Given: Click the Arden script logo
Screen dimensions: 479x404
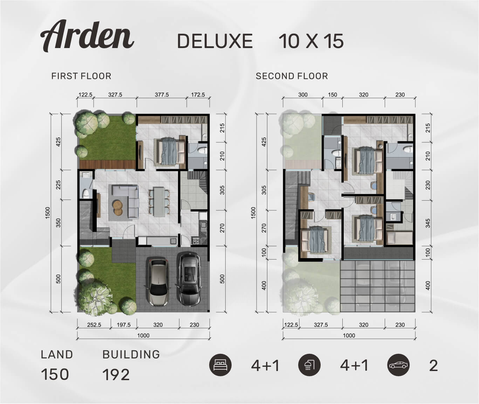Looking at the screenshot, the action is pyautogui.click(x=87, y=36).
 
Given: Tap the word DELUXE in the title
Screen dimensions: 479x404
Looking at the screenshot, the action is pyautogui.click(x=215, y=41).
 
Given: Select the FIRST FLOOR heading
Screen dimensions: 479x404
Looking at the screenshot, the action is pyautogui.click(x=81, y=76).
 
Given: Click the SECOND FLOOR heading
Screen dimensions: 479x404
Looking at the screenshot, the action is pyautogui.click(x=292, y=76).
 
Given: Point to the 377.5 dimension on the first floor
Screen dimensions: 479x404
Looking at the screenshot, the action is pyautogui.click(x=162, y=95).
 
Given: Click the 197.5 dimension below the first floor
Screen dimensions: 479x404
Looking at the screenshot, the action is pyautogui.click(x=123, y=325).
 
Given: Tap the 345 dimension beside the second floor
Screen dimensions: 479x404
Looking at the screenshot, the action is pyautogui.click(x=428, y=223).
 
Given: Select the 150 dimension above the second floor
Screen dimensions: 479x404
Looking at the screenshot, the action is pyautogui.click(x=333, y=95).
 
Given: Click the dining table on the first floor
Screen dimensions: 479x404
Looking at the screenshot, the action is pyautogui.click(x=159, y=202).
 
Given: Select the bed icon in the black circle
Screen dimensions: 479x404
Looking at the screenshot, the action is pyautogui.click(x=220, y=365).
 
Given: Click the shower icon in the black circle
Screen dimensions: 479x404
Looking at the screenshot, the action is pyautogui.click(x=309, y=365).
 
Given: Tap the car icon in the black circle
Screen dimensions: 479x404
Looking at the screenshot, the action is pyautogui.click(x=398, y=365).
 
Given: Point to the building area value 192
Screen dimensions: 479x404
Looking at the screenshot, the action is pyautogui.click(x=116, y=375).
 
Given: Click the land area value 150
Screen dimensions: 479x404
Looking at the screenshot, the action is pyautogui.click(x=55, y=375).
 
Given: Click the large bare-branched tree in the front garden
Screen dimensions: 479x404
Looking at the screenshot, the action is pyautogui.click(x=95, y=298).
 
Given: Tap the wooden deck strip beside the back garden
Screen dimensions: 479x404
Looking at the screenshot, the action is pyautogui.click(x=108, y=164).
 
